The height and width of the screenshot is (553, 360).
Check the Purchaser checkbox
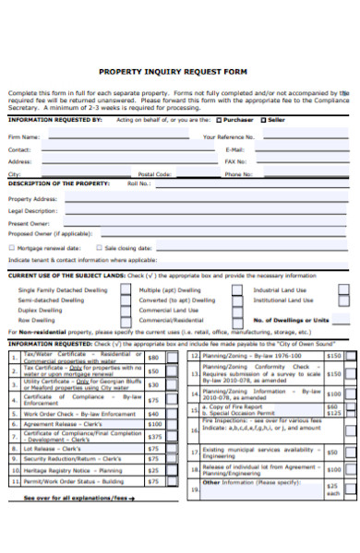pos(218,119)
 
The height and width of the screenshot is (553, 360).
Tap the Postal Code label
pos(154,173)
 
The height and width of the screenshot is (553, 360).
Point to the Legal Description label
pos(32,211)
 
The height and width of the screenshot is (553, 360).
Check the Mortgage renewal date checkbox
pos(11,248)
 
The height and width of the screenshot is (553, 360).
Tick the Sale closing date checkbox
pos(98,248)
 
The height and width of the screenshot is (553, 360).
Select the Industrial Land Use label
pos(281,289)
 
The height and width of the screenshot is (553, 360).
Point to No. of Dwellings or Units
pos(291,320)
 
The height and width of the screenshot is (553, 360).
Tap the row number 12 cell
pos(194,355)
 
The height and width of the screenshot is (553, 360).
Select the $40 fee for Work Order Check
pos(154,414)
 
